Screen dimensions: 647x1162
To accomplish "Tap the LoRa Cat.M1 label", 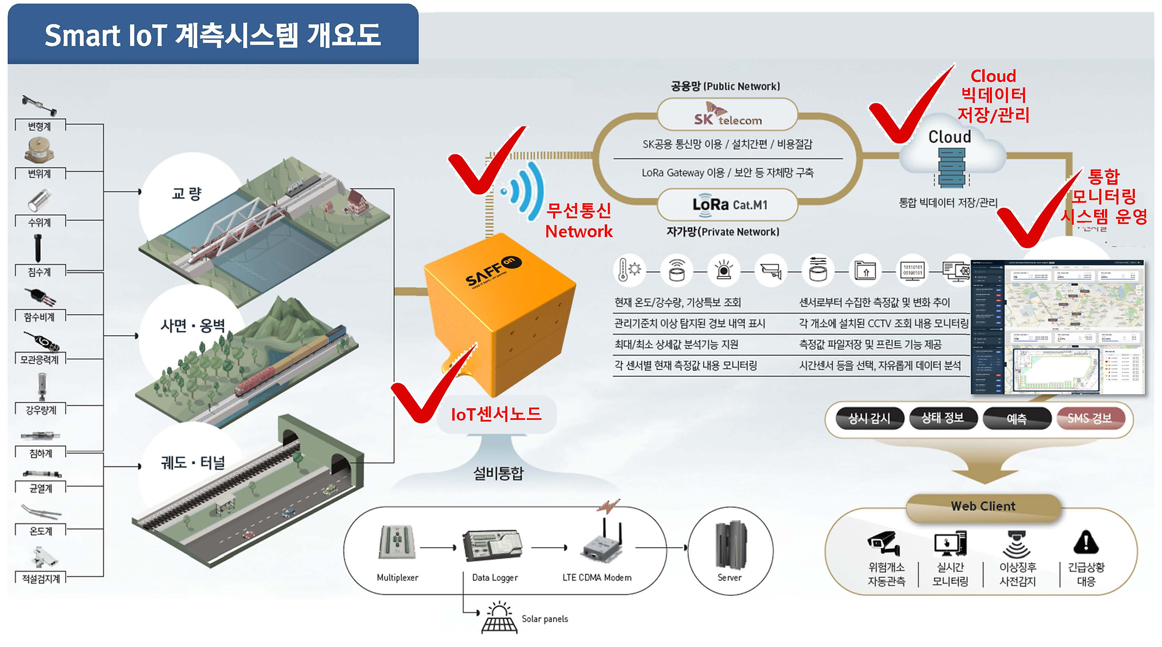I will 730,205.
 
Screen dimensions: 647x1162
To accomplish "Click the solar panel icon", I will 499,619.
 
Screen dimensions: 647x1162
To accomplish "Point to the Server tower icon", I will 730,544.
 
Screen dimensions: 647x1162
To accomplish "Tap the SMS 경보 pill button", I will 1089,418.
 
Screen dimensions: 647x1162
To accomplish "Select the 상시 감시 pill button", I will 869,418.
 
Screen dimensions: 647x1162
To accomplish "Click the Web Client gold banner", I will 983,506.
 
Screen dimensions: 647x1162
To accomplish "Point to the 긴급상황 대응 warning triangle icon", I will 1085,542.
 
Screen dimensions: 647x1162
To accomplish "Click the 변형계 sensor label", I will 40,126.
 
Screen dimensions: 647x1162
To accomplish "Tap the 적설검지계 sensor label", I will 41,578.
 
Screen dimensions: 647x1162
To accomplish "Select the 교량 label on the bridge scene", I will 187,193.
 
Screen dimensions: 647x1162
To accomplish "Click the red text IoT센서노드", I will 496,414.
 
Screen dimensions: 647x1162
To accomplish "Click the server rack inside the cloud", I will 952,167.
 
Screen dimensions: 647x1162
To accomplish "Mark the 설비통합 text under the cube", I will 498,473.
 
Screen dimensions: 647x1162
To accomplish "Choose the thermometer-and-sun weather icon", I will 629,270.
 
